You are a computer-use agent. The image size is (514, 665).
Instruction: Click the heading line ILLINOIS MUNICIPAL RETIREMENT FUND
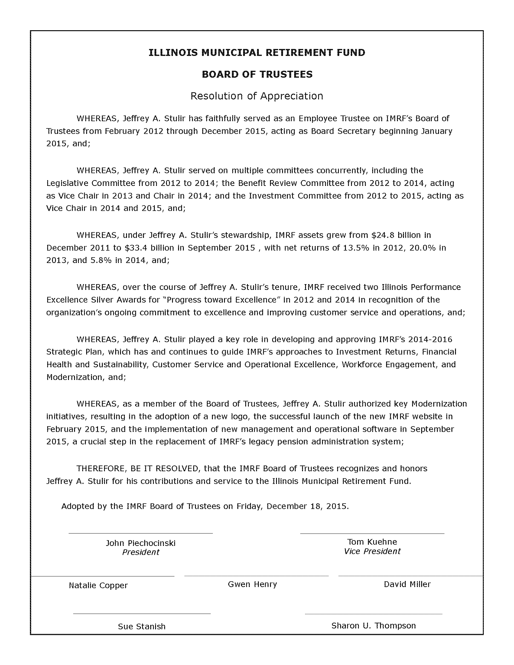(257, 53)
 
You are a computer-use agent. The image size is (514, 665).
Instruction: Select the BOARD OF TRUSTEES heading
(257, 74)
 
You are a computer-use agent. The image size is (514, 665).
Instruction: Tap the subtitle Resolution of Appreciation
(257, 96)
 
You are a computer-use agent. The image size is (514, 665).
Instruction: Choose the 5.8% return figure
(101, 260)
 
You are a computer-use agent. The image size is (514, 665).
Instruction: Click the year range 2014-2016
(430, 339)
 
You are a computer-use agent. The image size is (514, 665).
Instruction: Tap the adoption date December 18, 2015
(307, 506)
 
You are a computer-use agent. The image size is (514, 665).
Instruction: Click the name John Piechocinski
(141, 543)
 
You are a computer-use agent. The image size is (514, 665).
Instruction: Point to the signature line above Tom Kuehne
(372, 534)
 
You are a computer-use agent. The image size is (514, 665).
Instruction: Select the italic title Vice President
(372, 551)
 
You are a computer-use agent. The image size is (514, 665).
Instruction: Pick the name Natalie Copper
(98, 585)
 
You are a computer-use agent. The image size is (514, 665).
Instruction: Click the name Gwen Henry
(252, 584)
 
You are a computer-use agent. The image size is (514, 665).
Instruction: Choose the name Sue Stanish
(142, 626)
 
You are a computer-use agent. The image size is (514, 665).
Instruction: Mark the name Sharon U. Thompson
(373, 625)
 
